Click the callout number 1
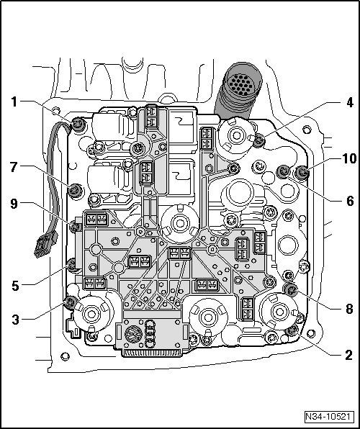pos(14,101)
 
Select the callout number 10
pos(348,158)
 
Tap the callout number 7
pos(14,167)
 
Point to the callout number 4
pos(349,103)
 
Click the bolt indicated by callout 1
pos(78,124)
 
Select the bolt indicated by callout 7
pos(75,190)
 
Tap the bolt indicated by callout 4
pos(258,141)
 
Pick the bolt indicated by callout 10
pos(302,172)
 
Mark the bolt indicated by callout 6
pos(284,171)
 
